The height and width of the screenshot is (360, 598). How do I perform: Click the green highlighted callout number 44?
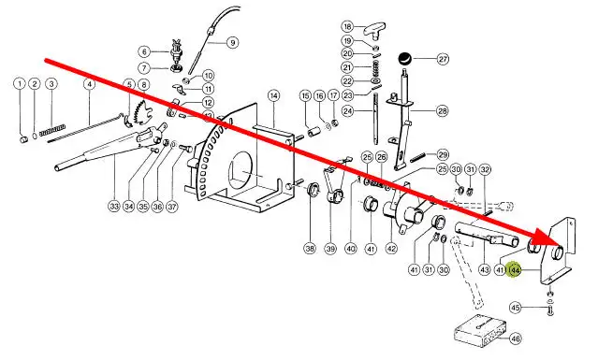[x=515, y=270]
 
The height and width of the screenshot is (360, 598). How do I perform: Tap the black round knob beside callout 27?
[x=404, y=59]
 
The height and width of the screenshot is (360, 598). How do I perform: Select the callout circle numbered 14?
[x=273, y=95]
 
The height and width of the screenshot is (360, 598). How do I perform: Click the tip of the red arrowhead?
[x=562, y=244]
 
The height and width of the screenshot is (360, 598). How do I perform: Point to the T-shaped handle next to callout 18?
[x=373, y=31]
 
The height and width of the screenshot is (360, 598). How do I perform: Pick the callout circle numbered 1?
[x=20, y=84]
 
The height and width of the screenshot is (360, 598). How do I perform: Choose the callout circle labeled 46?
[x=516, y=338]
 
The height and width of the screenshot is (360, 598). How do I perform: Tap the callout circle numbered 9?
[x=233, y=42]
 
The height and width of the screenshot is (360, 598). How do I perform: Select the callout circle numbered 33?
[x=114, y=207]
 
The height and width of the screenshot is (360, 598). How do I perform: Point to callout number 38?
[x=310, y=249]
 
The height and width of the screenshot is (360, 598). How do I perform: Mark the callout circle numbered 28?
[x=443, y=111]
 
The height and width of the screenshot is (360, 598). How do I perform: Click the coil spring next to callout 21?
[x=375, y=68]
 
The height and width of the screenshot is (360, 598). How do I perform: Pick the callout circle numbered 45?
[x=516, y=308]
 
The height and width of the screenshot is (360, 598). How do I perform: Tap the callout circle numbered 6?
[x=144, y=51]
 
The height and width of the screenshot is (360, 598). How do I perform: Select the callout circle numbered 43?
[x=484, y=269]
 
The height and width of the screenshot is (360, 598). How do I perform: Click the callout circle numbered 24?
[x=347, y=111]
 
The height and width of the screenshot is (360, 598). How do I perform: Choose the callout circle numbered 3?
[x=51, y=84]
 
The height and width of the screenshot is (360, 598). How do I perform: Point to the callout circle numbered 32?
[x=485, y=169]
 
